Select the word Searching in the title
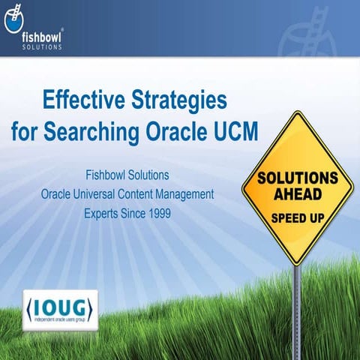100,130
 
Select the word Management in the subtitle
184,194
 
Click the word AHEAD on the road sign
296,194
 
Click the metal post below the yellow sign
296,300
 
